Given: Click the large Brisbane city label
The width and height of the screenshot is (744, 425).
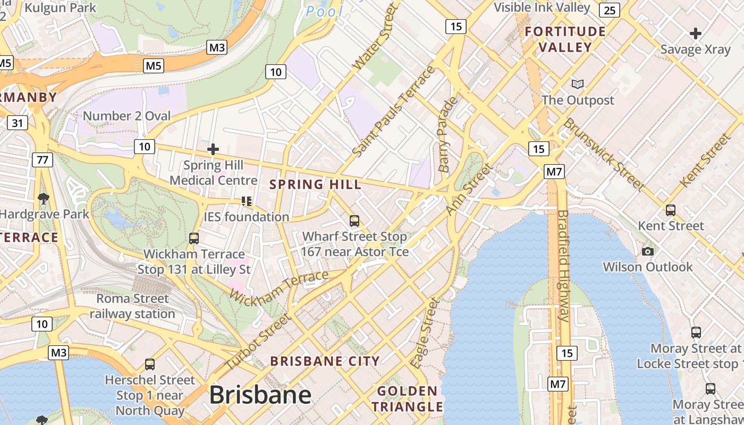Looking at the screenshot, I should tap(260, 395).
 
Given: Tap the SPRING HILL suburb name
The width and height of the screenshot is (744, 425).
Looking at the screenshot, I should tap(315, 185).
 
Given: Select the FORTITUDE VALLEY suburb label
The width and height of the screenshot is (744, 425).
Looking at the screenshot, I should tap(565, 39).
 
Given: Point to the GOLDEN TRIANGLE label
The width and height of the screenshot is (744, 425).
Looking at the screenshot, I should tap(407, 399).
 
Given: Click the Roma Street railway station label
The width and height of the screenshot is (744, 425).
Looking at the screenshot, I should tap(132, 306).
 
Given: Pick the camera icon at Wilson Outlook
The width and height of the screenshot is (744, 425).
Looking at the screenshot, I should tap(647, 251).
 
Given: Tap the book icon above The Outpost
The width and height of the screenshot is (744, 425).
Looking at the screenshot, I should tap(577, 84).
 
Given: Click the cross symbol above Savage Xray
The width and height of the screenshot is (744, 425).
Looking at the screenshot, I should tap(695, 33).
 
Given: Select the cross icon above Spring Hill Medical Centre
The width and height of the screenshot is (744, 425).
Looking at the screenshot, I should tap(213, 149).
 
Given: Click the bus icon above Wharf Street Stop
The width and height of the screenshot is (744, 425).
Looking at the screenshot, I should tap(354, 220).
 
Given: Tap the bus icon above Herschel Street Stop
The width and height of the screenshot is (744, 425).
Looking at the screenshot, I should tap(150, 364).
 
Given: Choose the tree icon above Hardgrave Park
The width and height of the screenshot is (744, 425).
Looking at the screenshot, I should tap(44, 199).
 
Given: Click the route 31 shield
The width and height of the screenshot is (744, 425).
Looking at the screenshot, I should tap(18, 123).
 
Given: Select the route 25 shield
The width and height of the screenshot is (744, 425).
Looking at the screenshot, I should tap(610, 10).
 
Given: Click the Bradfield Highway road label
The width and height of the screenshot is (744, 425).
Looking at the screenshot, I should tap(563, 266).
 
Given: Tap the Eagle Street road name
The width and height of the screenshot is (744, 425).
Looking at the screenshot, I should tap(425, 333).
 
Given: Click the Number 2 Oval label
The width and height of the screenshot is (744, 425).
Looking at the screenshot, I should tap(127, 116).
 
